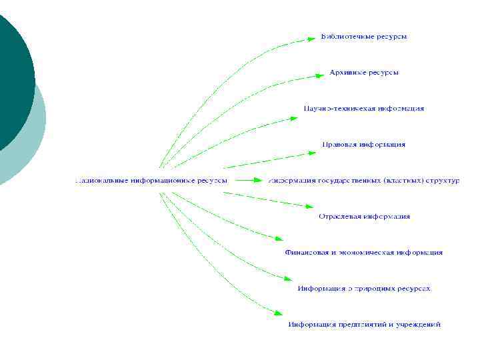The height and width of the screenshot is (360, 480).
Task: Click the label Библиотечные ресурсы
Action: click(x=364, y=36)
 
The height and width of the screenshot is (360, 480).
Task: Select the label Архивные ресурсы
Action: click(x=364, y=72)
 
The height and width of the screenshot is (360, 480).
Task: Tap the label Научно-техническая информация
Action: click(x=364, y=108)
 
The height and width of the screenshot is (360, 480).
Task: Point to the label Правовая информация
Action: click(x=364, y=144)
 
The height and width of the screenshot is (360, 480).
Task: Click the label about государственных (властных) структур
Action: click(x=364, y=180)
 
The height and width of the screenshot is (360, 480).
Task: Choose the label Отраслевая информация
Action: click(x=364, y=216)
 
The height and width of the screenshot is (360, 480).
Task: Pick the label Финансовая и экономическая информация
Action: click(x=364, y=253)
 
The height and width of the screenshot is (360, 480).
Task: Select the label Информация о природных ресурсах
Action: click(x=364, y=289)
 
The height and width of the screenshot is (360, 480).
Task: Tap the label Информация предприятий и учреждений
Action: click(x=364, y=325)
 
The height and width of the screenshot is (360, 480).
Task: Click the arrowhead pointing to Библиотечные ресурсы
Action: click(x=311, y=39)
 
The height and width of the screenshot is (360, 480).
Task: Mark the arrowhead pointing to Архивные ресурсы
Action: click(x=320, y=75)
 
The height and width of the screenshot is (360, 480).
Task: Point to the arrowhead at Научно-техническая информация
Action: click(x=293, y=118)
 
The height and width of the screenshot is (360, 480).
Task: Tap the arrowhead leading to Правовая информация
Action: click(x=311, y=153)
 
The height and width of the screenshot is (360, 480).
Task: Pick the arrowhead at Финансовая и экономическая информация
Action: click(x=279, y=239)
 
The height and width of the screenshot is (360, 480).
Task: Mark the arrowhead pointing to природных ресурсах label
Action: click(x=288, y=278)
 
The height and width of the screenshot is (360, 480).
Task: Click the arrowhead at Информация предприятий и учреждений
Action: click(x=279, y=312)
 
